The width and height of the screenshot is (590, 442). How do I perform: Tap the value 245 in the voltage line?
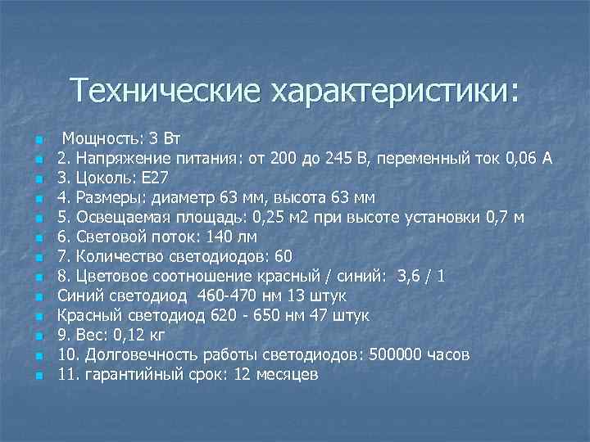(x=338, y=156)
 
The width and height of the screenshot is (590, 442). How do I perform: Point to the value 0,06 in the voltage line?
(x=518, y=156)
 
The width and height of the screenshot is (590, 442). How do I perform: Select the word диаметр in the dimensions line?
(x=188, y=196)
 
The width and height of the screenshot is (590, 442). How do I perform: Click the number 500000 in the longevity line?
(x=399, y=354)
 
